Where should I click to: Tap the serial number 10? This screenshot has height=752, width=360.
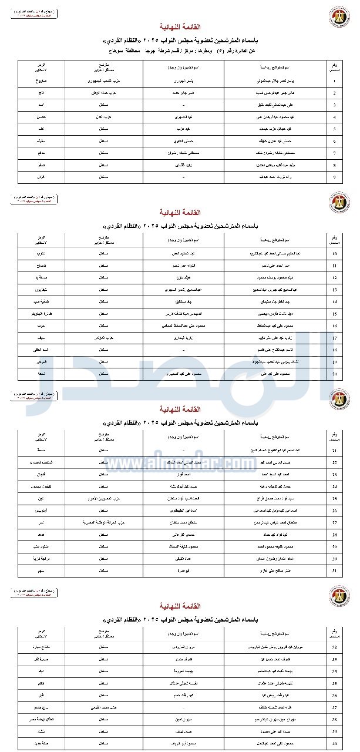point(334,254)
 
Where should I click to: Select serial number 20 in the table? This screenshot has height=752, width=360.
point(334,373)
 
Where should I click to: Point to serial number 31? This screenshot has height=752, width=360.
point(334,570)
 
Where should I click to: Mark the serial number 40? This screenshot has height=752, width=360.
point(334,743)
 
